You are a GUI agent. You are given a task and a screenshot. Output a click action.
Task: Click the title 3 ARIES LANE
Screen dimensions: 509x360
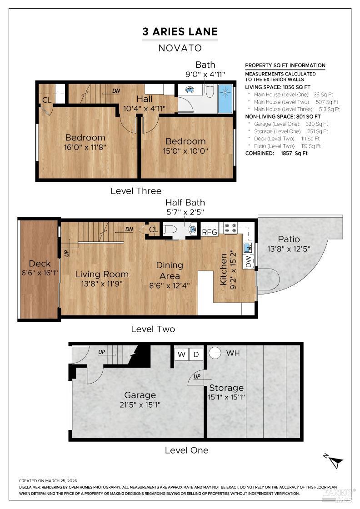180,32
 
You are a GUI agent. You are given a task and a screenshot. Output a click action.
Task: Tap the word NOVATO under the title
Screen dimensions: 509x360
180,48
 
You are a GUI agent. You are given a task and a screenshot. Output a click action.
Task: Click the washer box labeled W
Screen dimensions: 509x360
182,354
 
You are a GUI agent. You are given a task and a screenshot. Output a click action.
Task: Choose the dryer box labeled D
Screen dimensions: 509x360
196,354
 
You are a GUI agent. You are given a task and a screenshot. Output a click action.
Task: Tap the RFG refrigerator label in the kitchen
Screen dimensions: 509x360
210,232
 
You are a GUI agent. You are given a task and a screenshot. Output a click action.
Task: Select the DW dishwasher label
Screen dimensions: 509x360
249,262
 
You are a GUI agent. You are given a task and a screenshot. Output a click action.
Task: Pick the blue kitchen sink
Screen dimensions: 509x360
248,247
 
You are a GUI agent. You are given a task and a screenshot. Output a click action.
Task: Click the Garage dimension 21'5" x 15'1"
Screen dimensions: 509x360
140,404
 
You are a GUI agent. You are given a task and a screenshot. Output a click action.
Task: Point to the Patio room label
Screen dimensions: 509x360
289,239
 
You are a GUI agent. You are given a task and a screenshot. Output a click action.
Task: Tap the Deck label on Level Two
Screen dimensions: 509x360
40,264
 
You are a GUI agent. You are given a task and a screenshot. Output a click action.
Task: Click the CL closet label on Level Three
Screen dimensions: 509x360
47,100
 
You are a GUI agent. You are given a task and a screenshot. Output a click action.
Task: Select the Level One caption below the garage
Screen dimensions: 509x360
186,450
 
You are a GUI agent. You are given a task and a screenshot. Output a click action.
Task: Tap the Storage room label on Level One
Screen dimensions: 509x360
226,388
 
